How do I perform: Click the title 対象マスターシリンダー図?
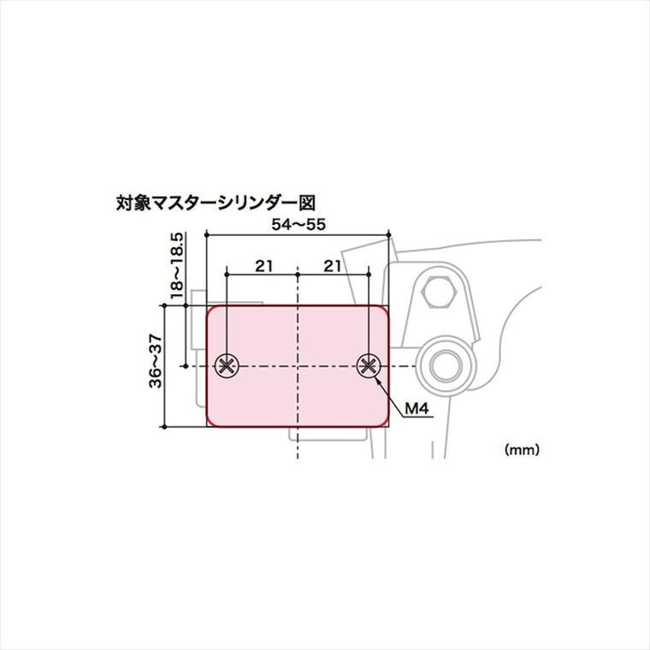(216, 204)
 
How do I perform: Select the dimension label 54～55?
(298, 224)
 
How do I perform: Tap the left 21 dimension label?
(264, 266)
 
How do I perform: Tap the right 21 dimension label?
(333, 266)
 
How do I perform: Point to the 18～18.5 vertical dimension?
(176, 266)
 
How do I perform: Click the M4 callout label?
(417, 409)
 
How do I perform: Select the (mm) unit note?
(522, 449)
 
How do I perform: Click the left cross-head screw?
(227, 366)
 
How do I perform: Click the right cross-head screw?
(369, 366)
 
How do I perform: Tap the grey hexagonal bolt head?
(439, 292)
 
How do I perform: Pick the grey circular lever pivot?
(446, 366)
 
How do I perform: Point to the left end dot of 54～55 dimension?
(207, 235)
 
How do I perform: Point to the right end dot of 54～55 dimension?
(388, 235)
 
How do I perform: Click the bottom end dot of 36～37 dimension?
(164, 427)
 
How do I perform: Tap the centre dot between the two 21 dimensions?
(298, 275)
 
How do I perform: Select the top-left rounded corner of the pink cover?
(210, 310)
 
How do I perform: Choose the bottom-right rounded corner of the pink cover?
(385, 422)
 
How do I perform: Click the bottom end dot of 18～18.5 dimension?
(186, 366)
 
